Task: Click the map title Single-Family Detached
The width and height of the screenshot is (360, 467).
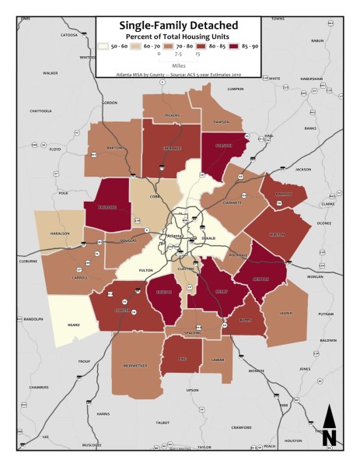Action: coord(179,26)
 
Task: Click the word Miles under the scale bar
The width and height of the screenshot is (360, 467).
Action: coord(178,65)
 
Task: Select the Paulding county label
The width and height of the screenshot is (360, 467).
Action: coord(107,209)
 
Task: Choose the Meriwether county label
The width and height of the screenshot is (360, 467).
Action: coord(137,365)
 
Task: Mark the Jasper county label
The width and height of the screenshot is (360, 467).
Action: coord(285,313)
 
